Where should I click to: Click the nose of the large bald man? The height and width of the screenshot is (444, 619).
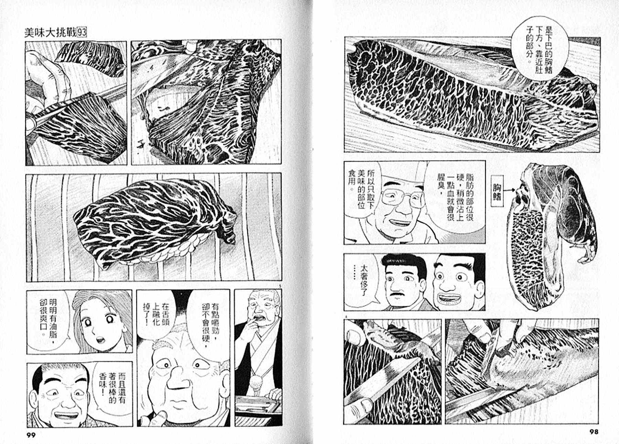[179, 378]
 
